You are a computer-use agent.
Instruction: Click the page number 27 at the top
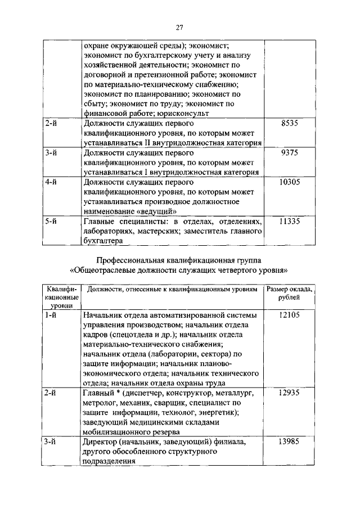tap(180, 26)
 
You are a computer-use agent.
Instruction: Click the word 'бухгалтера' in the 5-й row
tap(102, 241)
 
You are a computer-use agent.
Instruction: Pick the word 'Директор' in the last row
tap(100, 442)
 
